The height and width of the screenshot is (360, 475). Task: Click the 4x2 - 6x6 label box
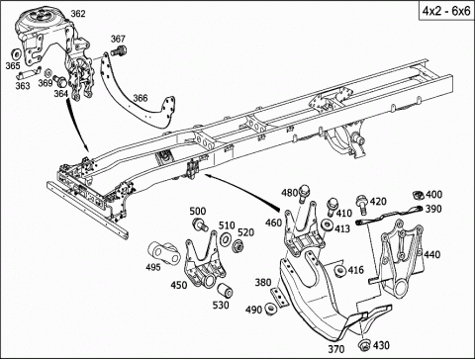446,11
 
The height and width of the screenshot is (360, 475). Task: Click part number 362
78,14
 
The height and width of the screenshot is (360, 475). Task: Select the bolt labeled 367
120,50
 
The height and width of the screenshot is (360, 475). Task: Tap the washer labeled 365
15,53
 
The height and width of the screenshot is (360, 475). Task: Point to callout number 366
141,98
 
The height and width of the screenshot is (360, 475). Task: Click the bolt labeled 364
60,80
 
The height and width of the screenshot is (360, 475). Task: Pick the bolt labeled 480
305,193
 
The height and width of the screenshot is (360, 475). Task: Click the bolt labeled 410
332,205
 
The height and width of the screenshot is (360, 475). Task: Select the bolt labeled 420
362,203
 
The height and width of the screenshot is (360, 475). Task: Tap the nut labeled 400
419,195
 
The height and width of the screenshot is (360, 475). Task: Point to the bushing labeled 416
340,271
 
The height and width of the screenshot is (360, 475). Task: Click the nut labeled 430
364,344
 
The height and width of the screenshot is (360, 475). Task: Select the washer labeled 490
271,308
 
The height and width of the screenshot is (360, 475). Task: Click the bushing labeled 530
226,290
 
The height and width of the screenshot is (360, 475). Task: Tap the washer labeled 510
226,238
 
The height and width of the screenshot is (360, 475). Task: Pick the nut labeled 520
237,246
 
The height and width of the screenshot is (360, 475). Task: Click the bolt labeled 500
199,225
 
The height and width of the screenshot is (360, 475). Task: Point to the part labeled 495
163,253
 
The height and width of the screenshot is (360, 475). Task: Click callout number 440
432,254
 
